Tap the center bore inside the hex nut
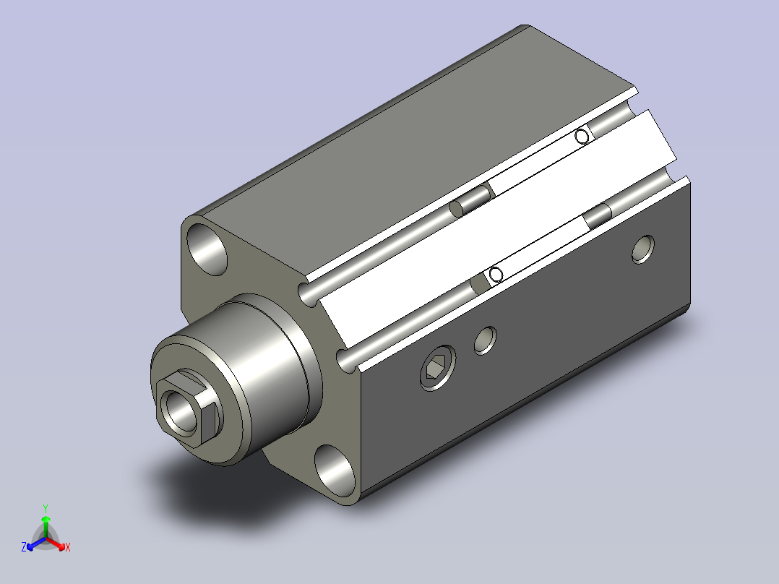(181, 411)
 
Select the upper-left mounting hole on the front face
(207, 249)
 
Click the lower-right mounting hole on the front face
(336, 471)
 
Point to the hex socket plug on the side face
(438, 368)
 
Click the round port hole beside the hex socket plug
(486, 340)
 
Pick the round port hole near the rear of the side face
(643, 249)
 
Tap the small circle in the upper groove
(582, 136)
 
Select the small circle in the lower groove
(496, 275)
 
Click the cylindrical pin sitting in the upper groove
(470, 201)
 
